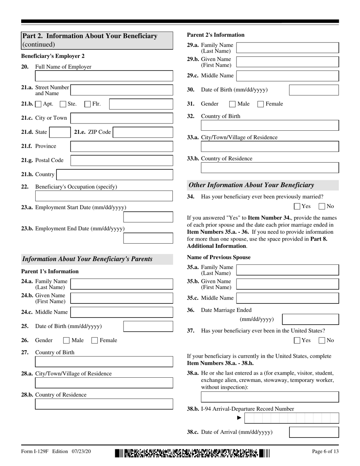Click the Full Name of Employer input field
[104, 77]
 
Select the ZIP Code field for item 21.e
[143, 132]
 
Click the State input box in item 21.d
[59, 132]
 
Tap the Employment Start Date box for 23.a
[148, 217]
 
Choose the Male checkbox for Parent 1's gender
[67, 341]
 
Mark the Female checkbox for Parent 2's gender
[261, 104]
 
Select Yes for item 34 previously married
[297, 206]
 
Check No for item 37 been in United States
[322, 340]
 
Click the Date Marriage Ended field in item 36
[311, 319]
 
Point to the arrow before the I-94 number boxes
[239, 418]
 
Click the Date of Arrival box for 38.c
[314, 432]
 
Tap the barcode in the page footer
[192, 452]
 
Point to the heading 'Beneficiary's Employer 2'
[53, 56]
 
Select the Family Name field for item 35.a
[288, 270]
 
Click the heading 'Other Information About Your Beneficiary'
[251, 185]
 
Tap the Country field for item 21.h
[114, 175]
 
